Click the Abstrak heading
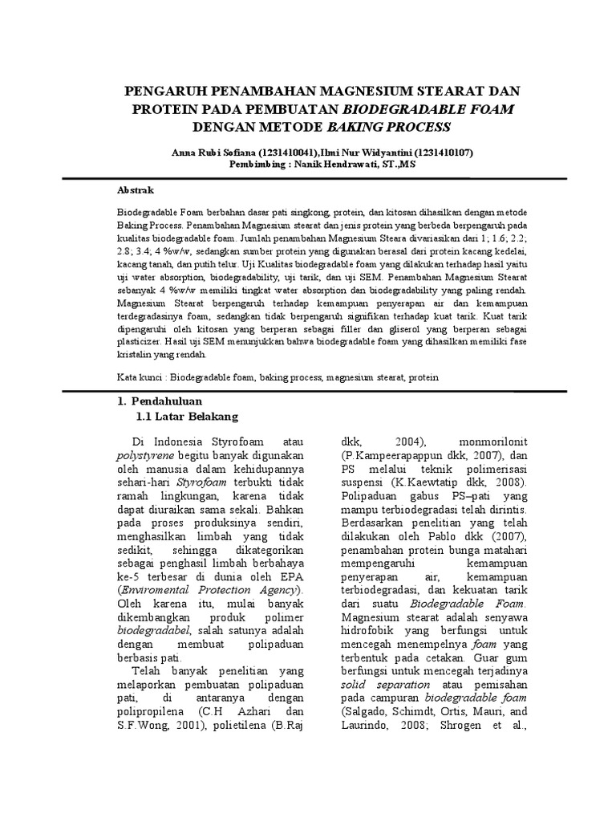(x=136, y=190)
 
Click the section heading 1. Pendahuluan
(x=158, y=401)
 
